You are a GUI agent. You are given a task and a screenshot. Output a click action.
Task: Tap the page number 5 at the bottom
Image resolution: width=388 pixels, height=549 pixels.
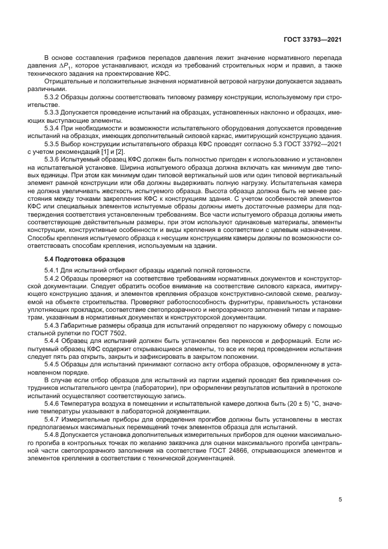(x=340, y=499)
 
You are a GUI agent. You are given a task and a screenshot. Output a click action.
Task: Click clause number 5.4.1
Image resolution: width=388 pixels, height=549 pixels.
(x=55, y=270)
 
